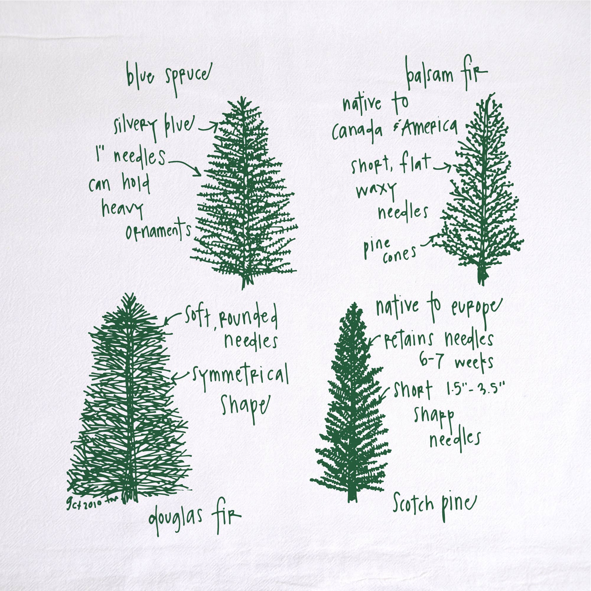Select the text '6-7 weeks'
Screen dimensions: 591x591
click(x=456, y=362)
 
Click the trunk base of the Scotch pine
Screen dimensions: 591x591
click(x=352, y=497)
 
